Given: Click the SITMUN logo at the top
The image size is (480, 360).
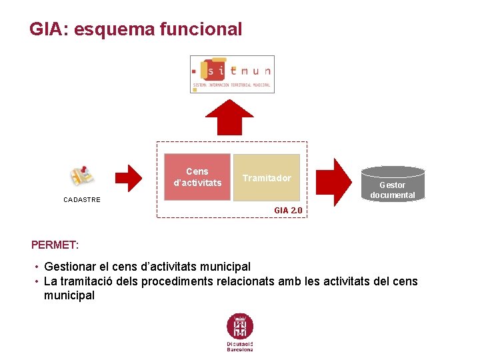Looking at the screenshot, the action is pos(232,74).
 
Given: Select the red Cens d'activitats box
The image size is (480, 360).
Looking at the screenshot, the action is pos(197,177).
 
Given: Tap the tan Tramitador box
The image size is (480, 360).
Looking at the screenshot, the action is pos(267,178).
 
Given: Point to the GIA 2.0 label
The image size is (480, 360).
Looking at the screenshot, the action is pos(288,210).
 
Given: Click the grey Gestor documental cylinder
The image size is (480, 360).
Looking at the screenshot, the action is pos(392,183).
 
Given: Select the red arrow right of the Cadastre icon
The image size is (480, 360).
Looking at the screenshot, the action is pos(129,177).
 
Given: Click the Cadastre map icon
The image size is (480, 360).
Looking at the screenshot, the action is pos(83,176).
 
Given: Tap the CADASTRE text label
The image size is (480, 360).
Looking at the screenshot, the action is pos(82,200).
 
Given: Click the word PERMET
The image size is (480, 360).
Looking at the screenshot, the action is pos(55,245).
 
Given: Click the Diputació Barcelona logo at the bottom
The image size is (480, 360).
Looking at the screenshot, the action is pos(240,332).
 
